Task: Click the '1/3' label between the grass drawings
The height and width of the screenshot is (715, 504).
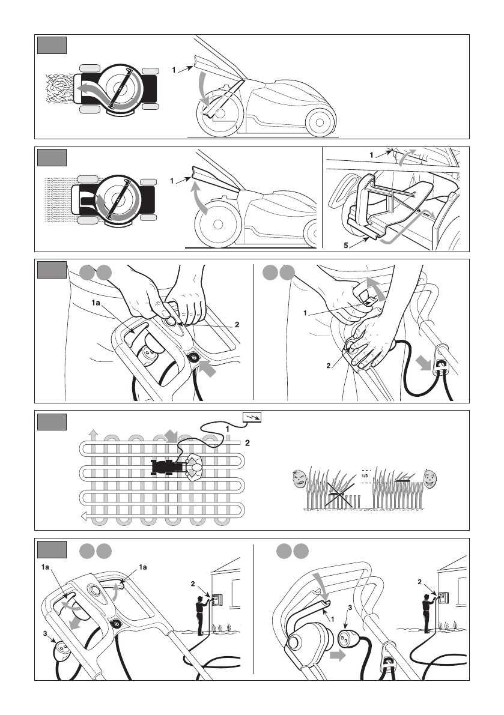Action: (x=365, y=477)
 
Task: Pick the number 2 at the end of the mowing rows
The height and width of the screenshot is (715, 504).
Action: (x=247, y=443)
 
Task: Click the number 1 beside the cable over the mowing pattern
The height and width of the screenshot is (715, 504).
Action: (x=228, y=429)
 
